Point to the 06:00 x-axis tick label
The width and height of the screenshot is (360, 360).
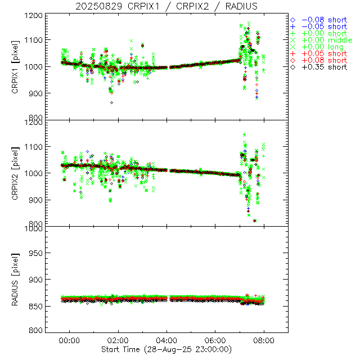click(x=216, y=340)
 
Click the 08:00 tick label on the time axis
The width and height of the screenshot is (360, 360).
click(x=264, y=340)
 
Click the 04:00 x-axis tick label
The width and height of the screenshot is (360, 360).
click(x=168, y=340)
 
